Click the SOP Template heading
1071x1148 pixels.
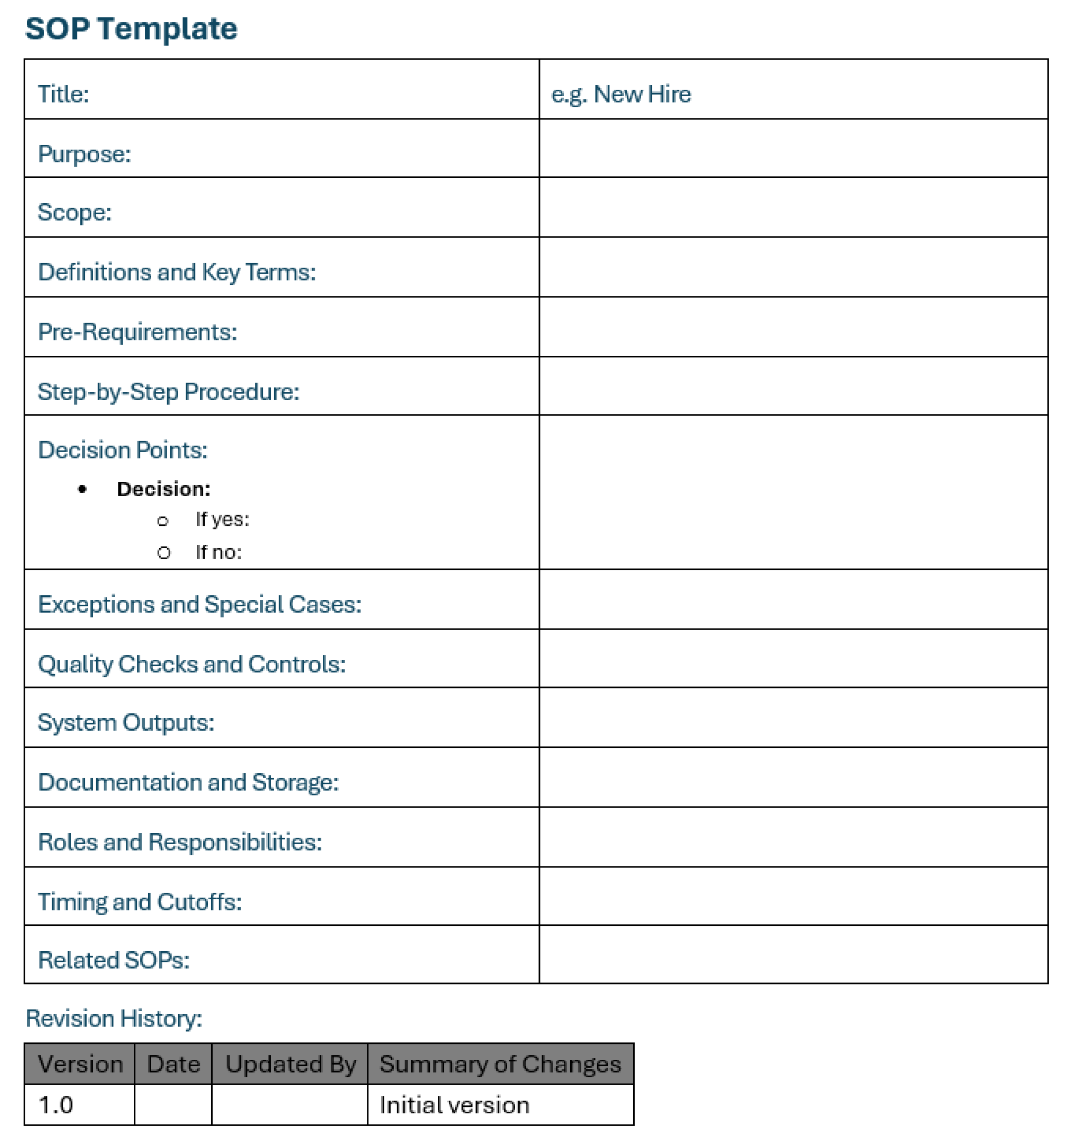click(130, 29)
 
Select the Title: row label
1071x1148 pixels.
click(63, 94)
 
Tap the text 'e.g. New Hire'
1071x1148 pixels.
click(620, 94)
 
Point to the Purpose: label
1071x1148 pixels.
click(84, 154)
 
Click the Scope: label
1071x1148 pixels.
click(74, 213)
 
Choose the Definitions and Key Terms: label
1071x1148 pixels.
click(177, 272)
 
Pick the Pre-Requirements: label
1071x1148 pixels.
click(137, 332)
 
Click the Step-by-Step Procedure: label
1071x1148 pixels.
click(169, 392)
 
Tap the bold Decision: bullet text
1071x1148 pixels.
click(164, 489)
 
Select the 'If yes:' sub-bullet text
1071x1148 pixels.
click(222, 519)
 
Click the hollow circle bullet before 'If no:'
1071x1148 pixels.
click(164, 553)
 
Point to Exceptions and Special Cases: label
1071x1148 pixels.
click(199, 605)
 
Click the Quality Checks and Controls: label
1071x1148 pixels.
click(192, 664)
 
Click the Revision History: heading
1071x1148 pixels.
click(114, 1018)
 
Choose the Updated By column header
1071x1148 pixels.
click(290, 1064)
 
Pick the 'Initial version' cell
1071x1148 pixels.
click(454, 1105)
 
